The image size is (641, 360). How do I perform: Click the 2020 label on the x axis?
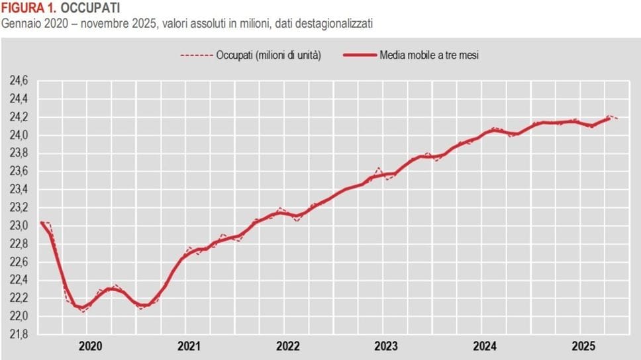click(x=91, y=346)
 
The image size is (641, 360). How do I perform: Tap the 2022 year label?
click(x=288, y=346)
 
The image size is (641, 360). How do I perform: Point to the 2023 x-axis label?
click(x=386, y=346)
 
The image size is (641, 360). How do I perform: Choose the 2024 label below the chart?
click(x=485, y=346)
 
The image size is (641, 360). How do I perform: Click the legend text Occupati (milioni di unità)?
click(x=268, y=56)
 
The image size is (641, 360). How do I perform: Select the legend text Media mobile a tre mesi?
click(x=428, y=56)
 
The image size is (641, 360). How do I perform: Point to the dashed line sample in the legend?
click(x=196, y=56)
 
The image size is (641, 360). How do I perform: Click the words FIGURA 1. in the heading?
click(x=28, y=9)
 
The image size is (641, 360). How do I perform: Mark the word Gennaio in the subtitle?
click(x=20, y=24)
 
